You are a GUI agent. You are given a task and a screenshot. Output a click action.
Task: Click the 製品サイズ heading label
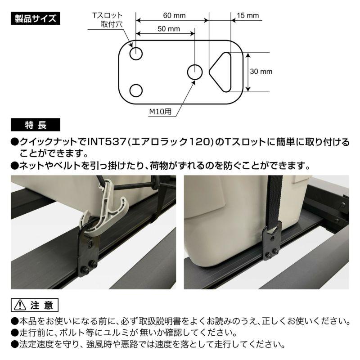pyautogui.click(x=34, y=18)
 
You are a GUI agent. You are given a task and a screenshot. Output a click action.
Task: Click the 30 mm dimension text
pyautogui.click(x=261, y=72)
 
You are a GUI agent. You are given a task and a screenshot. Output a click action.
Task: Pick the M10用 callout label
pyautogui.click(x=160, y=111)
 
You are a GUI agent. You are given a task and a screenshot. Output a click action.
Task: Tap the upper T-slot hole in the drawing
pyautogui.click(x=136, y=54)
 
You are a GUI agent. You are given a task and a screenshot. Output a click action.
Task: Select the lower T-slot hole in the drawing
pyautogui.click(x=136, y=90)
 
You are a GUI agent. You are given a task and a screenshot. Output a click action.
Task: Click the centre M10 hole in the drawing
pyautogui.click(x=194, y=72)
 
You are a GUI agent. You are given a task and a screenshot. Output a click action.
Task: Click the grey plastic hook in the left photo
pyautogui.click(x=108, y=211)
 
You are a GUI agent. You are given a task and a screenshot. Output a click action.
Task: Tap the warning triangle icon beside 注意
pyautogui.click(x=20, y=305)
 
